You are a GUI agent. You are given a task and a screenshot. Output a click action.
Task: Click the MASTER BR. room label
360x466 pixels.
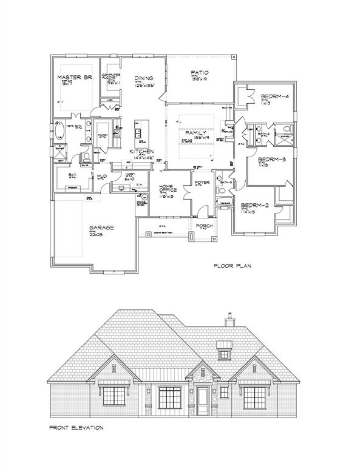coord(74,77)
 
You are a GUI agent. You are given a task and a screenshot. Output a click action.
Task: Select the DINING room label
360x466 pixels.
coord(144,78)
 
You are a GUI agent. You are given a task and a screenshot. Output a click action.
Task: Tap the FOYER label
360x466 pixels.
coord(202,180)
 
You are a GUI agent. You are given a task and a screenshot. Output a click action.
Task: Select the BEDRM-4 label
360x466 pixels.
coord(275,96)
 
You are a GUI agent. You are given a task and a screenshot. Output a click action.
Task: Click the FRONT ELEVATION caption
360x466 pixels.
coord(76,427)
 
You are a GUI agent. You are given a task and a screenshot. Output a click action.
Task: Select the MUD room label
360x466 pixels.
coord(101,177)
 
